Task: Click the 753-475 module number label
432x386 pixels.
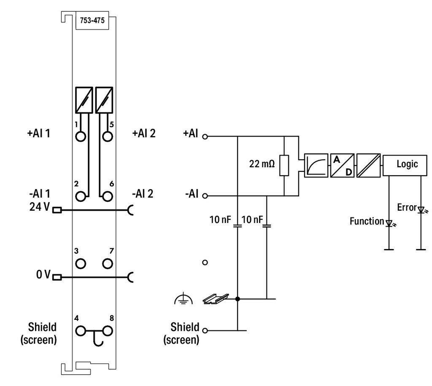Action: pyautogui.click(x=92, y=20)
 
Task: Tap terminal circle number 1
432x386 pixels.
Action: pyautogui.click(x=81, y=137)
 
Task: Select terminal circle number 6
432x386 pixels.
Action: pyautogui.click(x=108, y=196)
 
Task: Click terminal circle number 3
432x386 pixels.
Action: pyautogui.click(x=81, y=263)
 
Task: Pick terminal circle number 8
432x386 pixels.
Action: pyautogui.click(x=108, y=331)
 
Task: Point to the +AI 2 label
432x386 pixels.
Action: pyautogui.click(x=144, y=134)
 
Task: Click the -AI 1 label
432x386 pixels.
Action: pyautogui.click(x=40, y=194)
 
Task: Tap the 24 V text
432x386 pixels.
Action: pyautogui.click(x=40, y=206)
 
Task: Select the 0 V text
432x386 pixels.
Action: pyautogui.click(x=43, y=274)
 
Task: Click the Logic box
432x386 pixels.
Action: pyautogui.click(x=405, y=165)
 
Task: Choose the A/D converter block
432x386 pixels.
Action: pyautogui.click(x=342, y=165)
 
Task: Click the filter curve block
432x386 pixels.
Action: pyautogui.click(x=316, y=165)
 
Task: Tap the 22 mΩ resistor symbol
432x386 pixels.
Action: pyautogui.click(x=284, y=165)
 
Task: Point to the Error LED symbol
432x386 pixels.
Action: pyautogui.click(x=421, y=210)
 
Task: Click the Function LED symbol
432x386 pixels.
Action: pyautogui.click(x=389, y=223)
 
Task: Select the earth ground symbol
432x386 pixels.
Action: pyautogui.click(x=184, y=299)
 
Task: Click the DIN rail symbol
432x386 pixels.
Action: pyautogui.click(x=216, y=299)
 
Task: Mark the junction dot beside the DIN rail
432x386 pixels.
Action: pyautogui.click(x=238, y=299)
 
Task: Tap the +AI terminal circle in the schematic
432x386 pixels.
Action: pyautogui.click(x=205, y=137)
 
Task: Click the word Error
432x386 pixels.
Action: pyautogui.click(x=407, y=207)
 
